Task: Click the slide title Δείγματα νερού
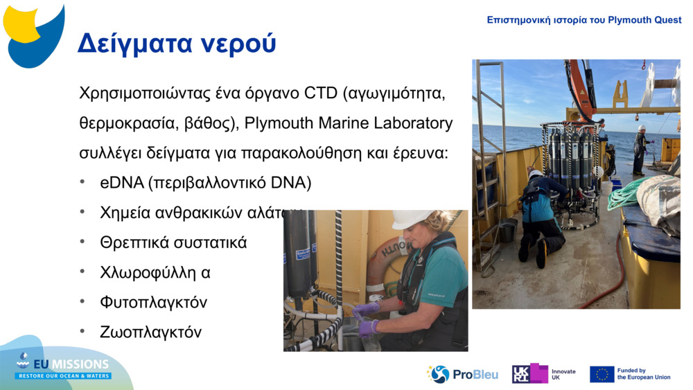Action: click(x=176, y=43)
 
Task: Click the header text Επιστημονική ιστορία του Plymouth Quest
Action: click(x=584, y=20)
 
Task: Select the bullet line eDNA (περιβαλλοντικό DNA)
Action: click(x=205, y=183)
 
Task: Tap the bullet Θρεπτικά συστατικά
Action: click(x=173, y=242)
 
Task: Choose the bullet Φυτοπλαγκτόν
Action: click(x=153, y=302)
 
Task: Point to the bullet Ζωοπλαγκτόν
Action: click(x=150, y=332)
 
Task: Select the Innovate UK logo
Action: click(x=544, y=374)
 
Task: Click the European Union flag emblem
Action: click(x=602, y=374)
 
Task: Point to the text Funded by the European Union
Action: click(x=643, y=374)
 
